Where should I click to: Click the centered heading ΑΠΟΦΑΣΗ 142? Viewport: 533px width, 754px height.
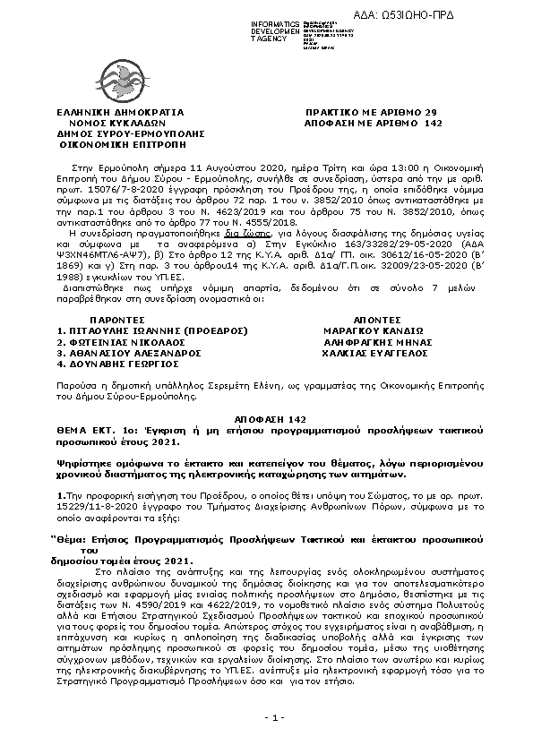pos(266,419)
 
